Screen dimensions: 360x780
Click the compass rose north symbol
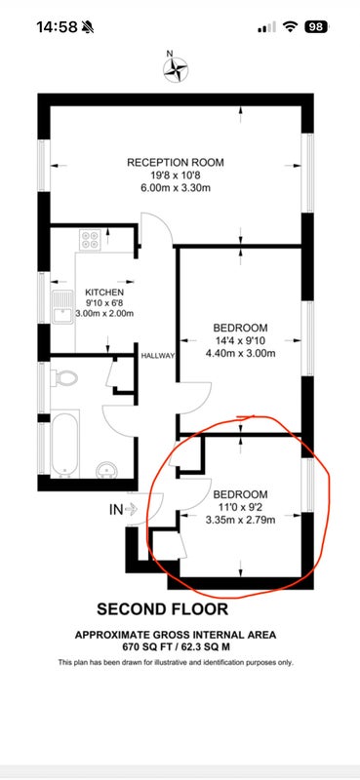[176, 67]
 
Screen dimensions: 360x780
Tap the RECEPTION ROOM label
[176, 163]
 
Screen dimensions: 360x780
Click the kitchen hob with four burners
[91, 240]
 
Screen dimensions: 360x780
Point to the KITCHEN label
[104, 292]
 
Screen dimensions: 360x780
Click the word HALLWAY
[158, 356]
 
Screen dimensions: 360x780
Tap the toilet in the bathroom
[64, 378]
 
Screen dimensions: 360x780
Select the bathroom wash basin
[106, 469]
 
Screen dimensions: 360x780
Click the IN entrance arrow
[131, 509]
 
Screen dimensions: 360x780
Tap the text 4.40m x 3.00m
[241, 354]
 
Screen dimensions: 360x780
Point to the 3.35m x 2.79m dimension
[241, 521]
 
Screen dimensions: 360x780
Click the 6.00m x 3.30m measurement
[176, 188]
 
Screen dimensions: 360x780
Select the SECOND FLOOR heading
[162, 609]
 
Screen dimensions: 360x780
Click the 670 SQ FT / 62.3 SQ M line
[176, 647]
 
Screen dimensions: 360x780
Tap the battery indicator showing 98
[316, 27]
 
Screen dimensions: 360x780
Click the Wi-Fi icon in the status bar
[291, 27]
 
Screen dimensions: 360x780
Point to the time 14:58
[57, 27]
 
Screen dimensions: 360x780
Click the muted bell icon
[88, 27]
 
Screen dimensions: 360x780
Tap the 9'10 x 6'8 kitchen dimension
[104, 303]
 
